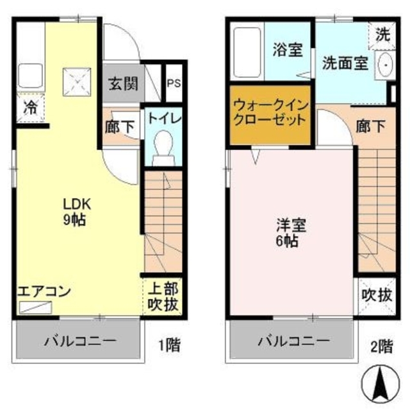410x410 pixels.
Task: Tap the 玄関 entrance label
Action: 120,83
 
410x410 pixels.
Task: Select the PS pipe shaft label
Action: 174,83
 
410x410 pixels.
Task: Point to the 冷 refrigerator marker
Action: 29,107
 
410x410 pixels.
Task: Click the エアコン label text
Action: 44,291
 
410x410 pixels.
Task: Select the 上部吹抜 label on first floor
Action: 164,296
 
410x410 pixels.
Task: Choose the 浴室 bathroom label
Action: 287,50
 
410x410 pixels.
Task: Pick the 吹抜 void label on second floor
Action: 375,296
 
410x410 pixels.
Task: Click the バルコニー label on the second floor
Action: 293,340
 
